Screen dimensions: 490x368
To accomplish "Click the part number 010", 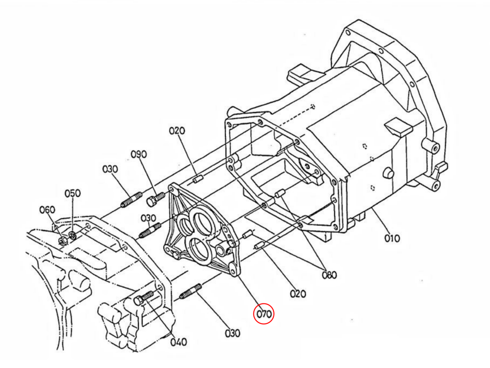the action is (x=392, y=238).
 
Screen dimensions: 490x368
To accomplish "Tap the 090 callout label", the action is (x=138, y=155).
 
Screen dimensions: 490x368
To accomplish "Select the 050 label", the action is (x=73, y=193).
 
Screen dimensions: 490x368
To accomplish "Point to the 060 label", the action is (x=47, y=210).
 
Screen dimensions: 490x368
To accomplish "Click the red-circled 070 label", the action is (x=264, y=314).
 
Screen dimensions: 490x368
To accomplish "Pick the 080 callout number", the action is (x=330, y=275).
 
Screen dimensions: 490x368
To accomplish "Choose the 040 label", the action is (x=179, y=342).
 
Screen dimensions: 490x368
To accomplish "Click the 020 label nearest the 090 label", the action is (x=177, y=131).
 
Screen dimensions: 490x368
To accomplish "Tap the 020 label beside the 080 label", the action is (x=298, y=294).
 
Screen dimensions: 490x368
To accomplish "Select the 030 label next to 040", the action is (x=233, y=334).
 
